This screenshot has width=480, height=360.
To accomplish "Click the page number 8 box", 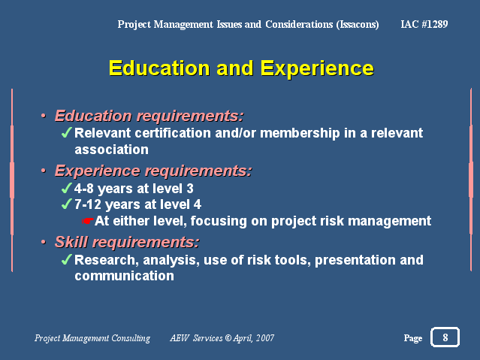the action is [445, 337].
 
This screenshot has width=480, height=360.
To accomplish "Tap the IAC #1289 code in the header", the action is [424, 24].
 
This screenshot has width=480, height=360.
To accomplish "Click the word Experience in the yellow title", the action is [317, 68].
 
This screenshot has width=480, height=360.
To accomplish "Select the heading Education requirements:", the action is [149, 116].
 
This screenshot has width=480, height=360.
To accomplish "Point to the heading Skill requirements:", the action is [127, 242].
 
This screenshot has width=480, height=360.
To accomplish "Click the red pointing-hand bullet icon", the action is [88, 221].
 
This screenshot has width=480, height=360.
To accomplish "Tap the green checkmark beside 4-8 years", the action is [66, 188].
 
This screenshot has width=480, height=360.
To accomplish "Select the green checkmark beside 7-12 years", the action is [66, 204].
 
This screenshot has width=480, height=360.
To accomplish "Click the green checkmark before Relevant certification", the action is [66, 133].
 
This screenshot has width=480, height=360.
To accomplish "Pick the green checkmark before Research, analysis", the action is [66, 259].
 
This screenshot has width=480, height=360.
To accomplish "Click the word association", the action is [111, 150].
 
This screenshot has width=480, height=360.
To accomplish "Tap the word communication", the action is [124, 276].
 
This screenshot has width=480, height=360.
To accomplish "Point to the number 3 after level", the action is [190, 189].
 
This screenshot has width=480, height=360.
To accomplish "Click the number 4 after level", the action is [198, 204].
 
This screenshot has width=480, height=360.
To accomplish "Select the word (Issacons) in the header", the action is [358, 24].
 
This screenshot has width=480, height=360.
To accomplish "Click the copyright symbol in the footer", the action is [228, 337].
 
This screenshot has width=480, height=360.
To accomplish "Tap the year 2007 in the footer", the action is [265, 337].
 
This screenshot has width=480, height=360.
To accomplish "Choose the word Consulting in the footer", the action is [131, 338].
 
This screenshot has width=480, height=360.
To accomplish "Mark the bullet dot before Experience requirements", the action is [44, 171].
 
